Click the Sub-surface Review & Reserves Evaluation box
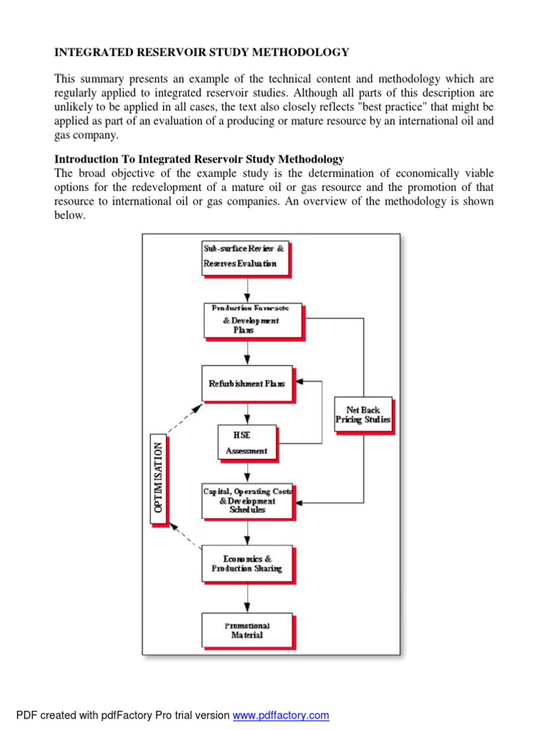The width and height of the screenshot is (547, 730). (x=245, y=257)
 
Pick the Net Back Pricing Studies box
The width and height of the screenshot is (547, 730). (x=363, y=415)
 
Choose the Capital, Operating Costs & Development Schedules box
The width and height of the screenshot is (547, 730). (x=247, y=500)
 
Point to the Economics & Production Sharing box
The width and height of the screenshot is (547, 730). (x=246, y=563)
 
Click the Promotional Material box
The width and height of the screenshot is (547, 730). (x=246, y=629)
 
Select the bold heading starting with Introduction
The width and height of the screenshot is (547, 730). (x=199, y=159)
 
